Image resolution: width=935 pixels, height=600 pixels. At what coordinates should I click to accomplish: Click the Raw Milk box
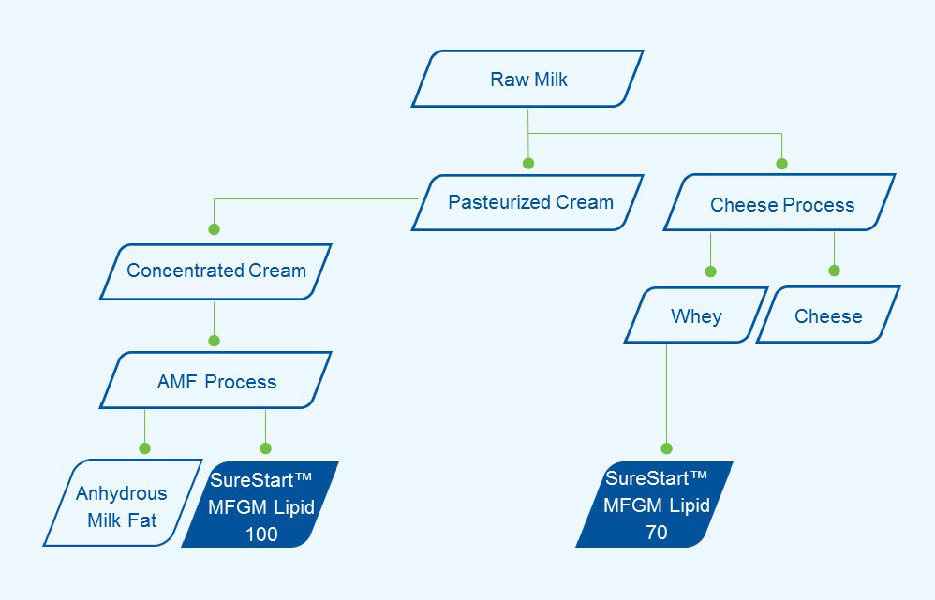coord(527,79)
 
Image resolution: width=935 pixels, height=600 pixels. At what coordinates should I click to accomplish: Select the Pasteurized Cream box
coord(527,202)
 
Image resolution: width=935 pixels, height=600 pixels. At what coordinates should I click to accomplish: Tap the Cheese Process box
coord(780,202)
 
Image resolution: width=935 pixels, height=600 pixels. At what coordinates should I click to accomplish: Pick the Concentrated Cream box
coord(215,271)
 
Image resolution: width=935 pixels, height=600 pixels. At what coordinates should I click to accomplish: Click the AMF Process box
coord(215,380)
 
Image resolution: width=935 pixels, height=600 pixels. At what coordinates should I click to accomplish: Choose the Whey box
coord(696,315)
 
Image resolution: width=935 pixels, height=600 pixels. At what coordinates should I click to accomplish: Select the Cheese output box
coord(828,315)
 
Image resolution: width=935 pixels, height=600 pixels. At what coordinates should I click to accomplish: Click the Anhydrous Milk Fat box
coord(123,503)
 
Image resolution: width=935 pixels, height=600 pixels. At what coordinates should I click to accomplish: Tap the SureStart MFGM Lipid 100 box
coord(260,505)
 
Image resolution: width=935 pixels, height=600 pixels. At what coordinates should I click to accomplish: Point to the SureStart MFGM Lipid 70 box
coord(655,505)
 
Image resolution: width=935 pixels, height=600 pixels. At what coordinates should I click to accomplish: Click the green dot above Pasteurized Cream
coord(528,163)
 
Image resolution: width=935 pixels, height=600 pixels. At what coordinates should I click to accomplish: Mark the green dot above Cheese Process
coord(781,164)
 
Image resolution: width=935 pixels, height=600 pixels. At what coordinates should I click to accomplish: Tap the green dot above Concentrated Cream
coord(214,229)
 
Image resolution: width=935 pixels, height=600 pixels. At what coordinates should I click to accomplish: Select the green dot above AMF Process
coord(214,341)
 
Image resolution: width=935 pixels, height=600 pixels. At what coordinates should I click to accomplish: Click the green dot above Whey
coord(711,271)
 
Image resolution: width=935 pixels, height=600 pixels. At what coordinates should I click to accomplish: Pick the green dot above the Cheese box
coord(834,271)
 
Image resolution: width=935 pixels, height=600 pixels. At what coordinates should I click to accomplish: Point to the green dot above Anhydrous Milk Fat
coord(145,448)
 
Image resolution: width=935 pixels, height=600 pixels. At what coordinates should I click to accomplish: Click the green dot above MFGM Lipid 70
coord(667,448)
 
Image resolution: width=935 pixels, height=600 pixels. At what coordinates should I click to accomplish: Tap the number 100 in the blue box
coord(261,534)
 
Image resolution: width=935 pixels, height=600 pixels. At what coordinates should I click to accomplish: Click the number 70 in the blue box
coord(657,532)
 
